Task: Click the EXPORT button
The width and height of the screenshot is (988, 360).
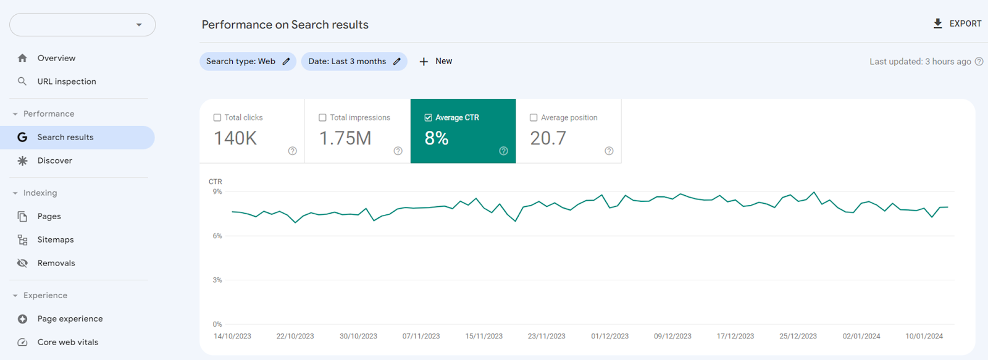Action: tap(957, 24)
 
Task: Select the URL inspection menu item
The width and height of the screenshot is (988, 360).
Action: tap(66, 82)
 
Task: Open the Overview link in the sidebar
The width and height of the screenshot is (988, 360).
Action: tap(56, 58)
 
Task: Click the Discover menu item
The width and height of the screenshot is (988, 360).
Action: tap(54, 161)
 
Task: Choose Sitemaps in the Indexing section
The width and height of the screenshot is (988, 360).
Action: tap(55, 240)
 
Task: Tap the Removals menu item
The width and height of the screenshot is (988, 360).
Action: tap(56, 263)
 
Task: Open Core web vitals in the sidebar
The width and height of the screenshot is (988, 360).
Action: tap(67, 342)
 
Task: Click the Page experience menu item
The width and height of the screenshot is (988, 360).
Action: tap(70, 319)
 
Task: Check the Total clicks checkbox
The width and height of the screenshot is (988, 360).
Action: tap(217, 118)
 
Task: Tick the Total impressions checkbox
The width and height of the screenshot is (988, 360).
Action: tap(322, 118)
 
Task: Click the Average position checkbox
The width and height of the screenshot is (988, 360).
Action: tap(534, 118)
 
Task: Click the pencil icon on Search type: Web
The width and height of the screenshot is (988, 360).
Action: tap(286, 62)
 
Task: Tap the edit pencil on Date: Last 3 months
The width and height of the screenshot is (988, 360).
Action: tap(396, 62)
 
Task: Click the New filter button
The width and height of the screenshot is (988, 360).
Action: tap(436, 62)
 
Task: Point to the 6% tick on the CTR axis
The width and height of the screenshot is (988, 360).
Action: tap(217, 236)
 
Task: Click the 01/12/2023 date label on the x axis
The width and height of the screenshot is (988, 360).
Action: tap(609, 337)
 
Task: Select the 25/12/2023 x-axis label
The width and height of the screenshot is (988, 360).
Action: tap(798, 337)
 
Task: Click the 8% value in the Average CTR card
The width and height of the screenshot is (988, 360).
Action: tap(437, 138)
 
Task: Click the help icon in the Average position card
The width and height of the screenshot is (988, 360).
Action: tap(609, 151)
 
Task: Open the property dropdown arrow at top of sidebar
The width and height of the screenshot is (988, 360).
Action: tap(139, 25)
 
